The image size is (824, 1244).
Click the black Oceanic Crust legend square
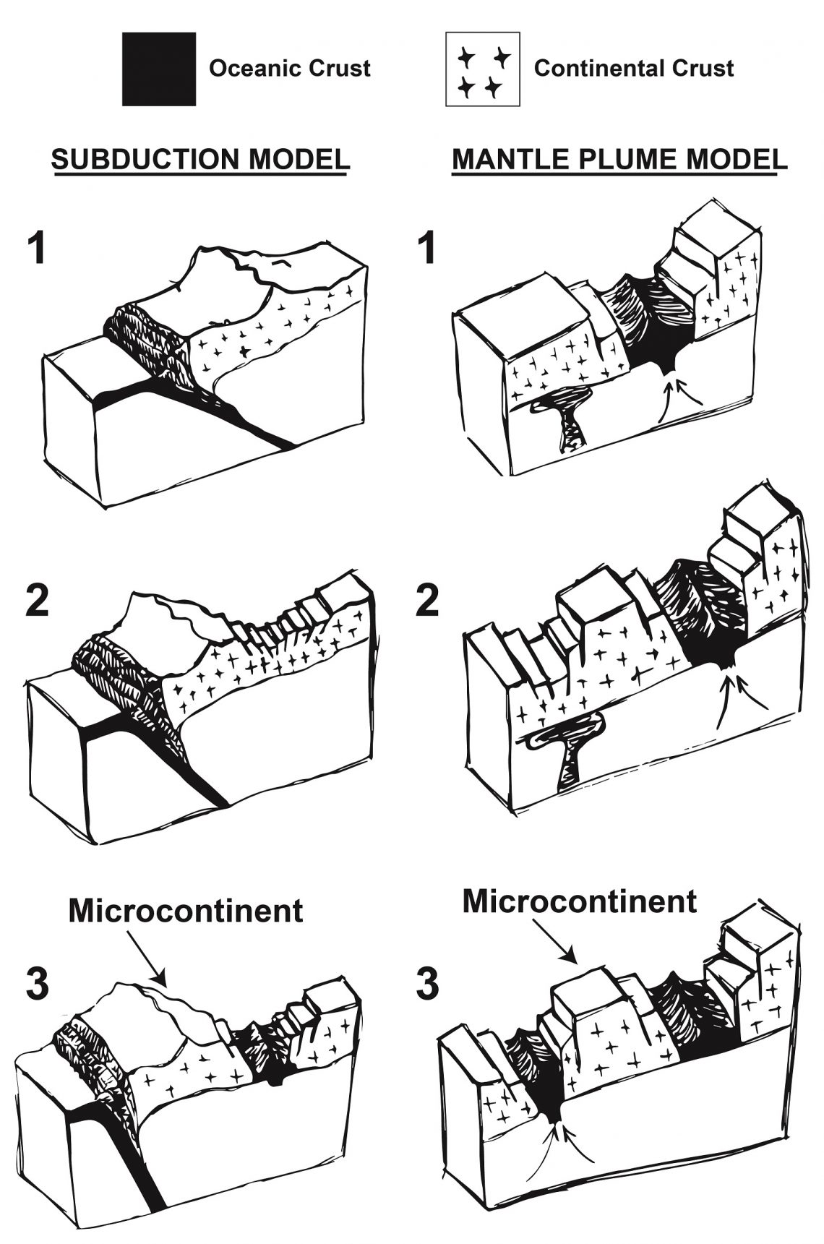tap(158, 69)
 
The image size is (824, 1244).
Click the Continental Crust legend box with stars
tap(482, 69)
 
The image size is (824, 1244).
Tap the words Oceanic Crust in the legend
tap(289, 69)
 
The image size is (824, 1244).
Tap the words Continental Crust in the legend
tap(633, 69)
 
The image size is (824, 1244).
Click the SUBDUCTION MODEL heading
tap(200, 159)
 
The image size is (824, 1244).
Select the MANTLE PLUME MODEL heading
tap(619, 159)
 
